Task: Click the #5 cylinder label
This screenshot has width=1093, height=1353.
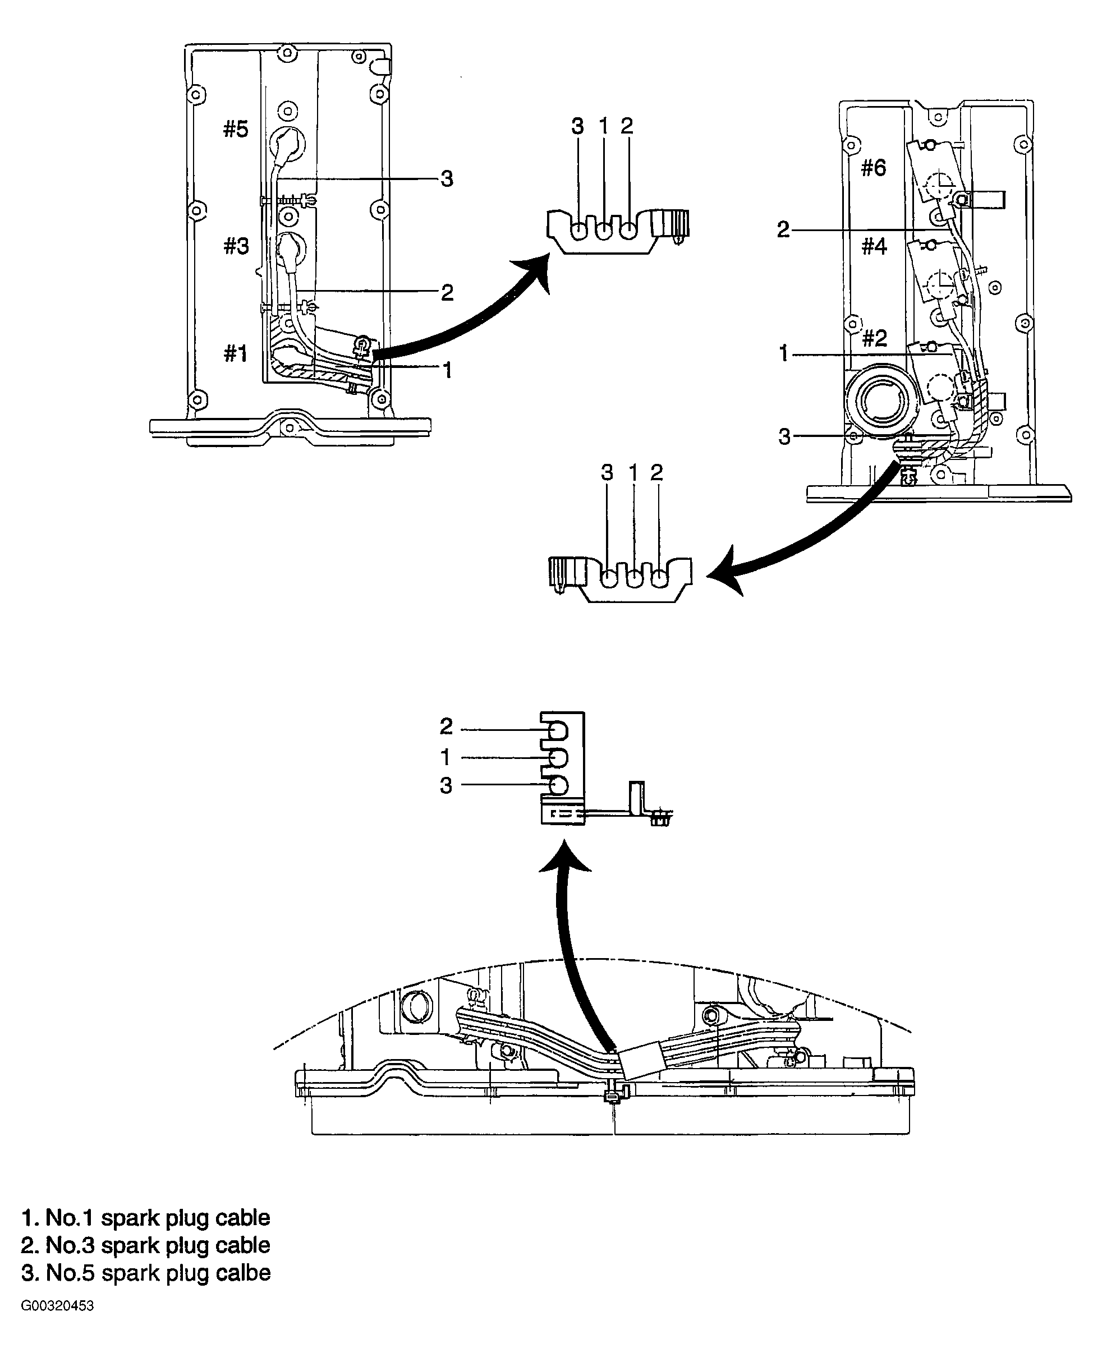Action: coord(236,130)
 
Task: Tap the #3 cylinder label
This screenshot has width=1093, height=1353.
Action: coord(236,246)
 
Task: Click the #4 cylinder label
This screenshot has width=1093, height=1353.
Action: coord(874,246)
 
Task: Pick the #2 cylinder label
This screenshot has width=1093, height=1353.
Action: coord(875,339)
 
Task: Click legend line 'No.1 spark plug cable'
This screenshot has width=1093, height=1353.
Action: coord(146,1217)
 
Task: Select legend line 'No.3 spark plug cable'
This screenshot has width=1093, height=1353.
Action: coord(146,1245)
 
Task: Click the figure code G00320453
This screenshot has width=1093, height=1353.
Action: coord(57,1306)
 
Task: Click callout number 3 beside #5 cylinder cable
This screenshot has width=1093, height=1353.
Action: coord(447,180)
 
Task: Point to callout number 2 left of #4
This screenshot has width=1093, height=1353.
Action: coord(783,229)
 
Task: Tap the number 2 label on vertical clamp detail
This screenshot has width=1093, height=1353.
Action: coord(446,727)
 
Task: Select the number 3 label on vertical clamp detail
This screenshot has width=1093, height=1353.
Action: coord(446,785)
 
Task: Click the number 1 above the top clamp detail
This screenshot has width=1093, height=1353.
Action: coord(603,126)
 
